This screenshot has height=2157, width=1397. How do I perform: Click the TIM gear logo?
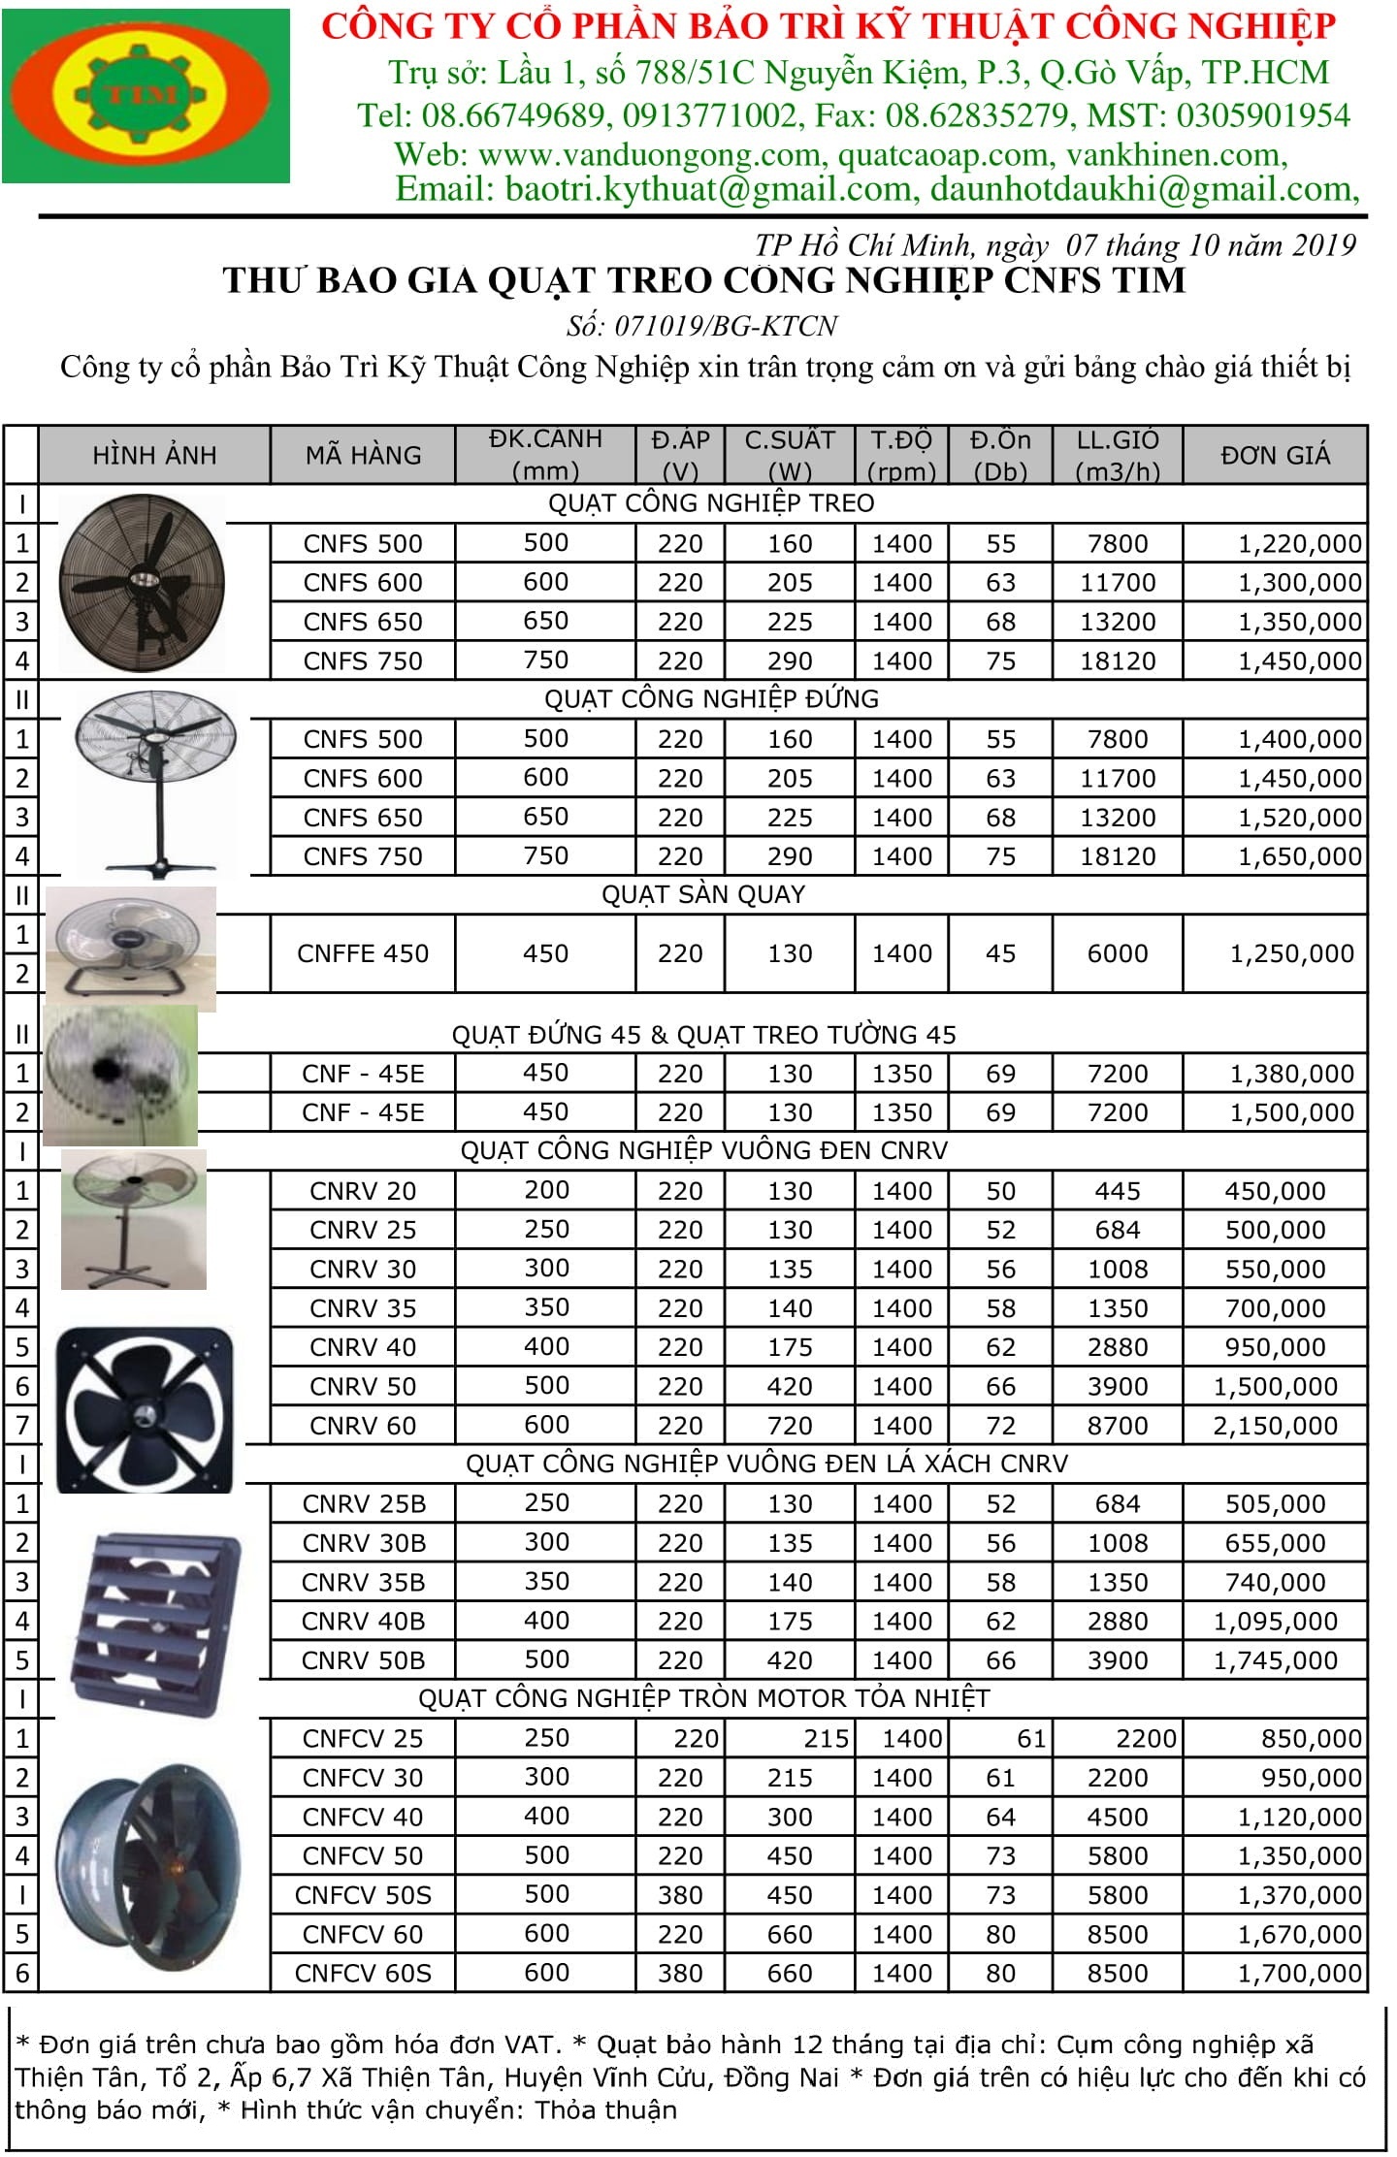point(146,95)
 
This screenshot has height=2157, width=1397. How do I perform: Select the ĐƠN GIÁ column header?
point(1275,455)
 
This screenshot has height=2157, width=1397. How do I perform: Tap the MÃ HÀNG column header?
point(363,455)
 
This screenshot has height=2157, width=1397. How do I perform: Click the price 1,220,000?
point(1299,544)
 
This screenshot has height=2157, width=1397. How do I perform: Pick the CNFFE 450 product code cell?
point(363,953)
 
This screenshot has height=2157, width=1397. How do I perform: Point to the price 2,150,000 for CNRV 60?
point(1275,1426)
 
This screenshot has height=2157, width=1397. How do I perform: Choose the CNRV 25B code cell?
point(363,1504)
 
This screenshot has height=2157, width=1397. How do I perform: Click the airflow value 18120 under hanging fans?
point(1118,661)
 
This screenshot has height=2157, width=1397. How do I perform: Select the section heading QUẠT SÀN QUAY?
point(703,894)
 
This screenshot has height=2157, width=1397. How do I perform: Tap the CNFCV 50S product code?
point(363,1895)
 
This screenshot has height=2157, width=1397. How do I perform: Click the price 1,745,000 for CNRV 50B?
point(1275,1660)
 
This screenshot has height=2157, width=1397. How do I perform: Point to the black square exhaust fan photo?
point(146,1409)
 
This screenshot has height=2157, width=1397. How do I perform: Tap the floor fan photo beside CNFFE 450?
point(130,946)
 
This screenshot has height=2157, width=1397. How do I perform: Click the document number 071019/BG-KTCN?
point(702,326)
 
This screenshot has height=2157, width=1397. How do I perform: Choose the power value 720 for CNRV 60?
point(790,1426)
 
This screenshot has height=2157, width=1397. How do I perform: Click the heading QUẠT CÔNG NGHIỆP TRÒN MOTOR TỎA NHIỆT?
point(703,1698)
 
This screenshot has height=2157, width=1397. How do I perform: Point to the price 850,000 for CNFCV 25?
point(1311,1739)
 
